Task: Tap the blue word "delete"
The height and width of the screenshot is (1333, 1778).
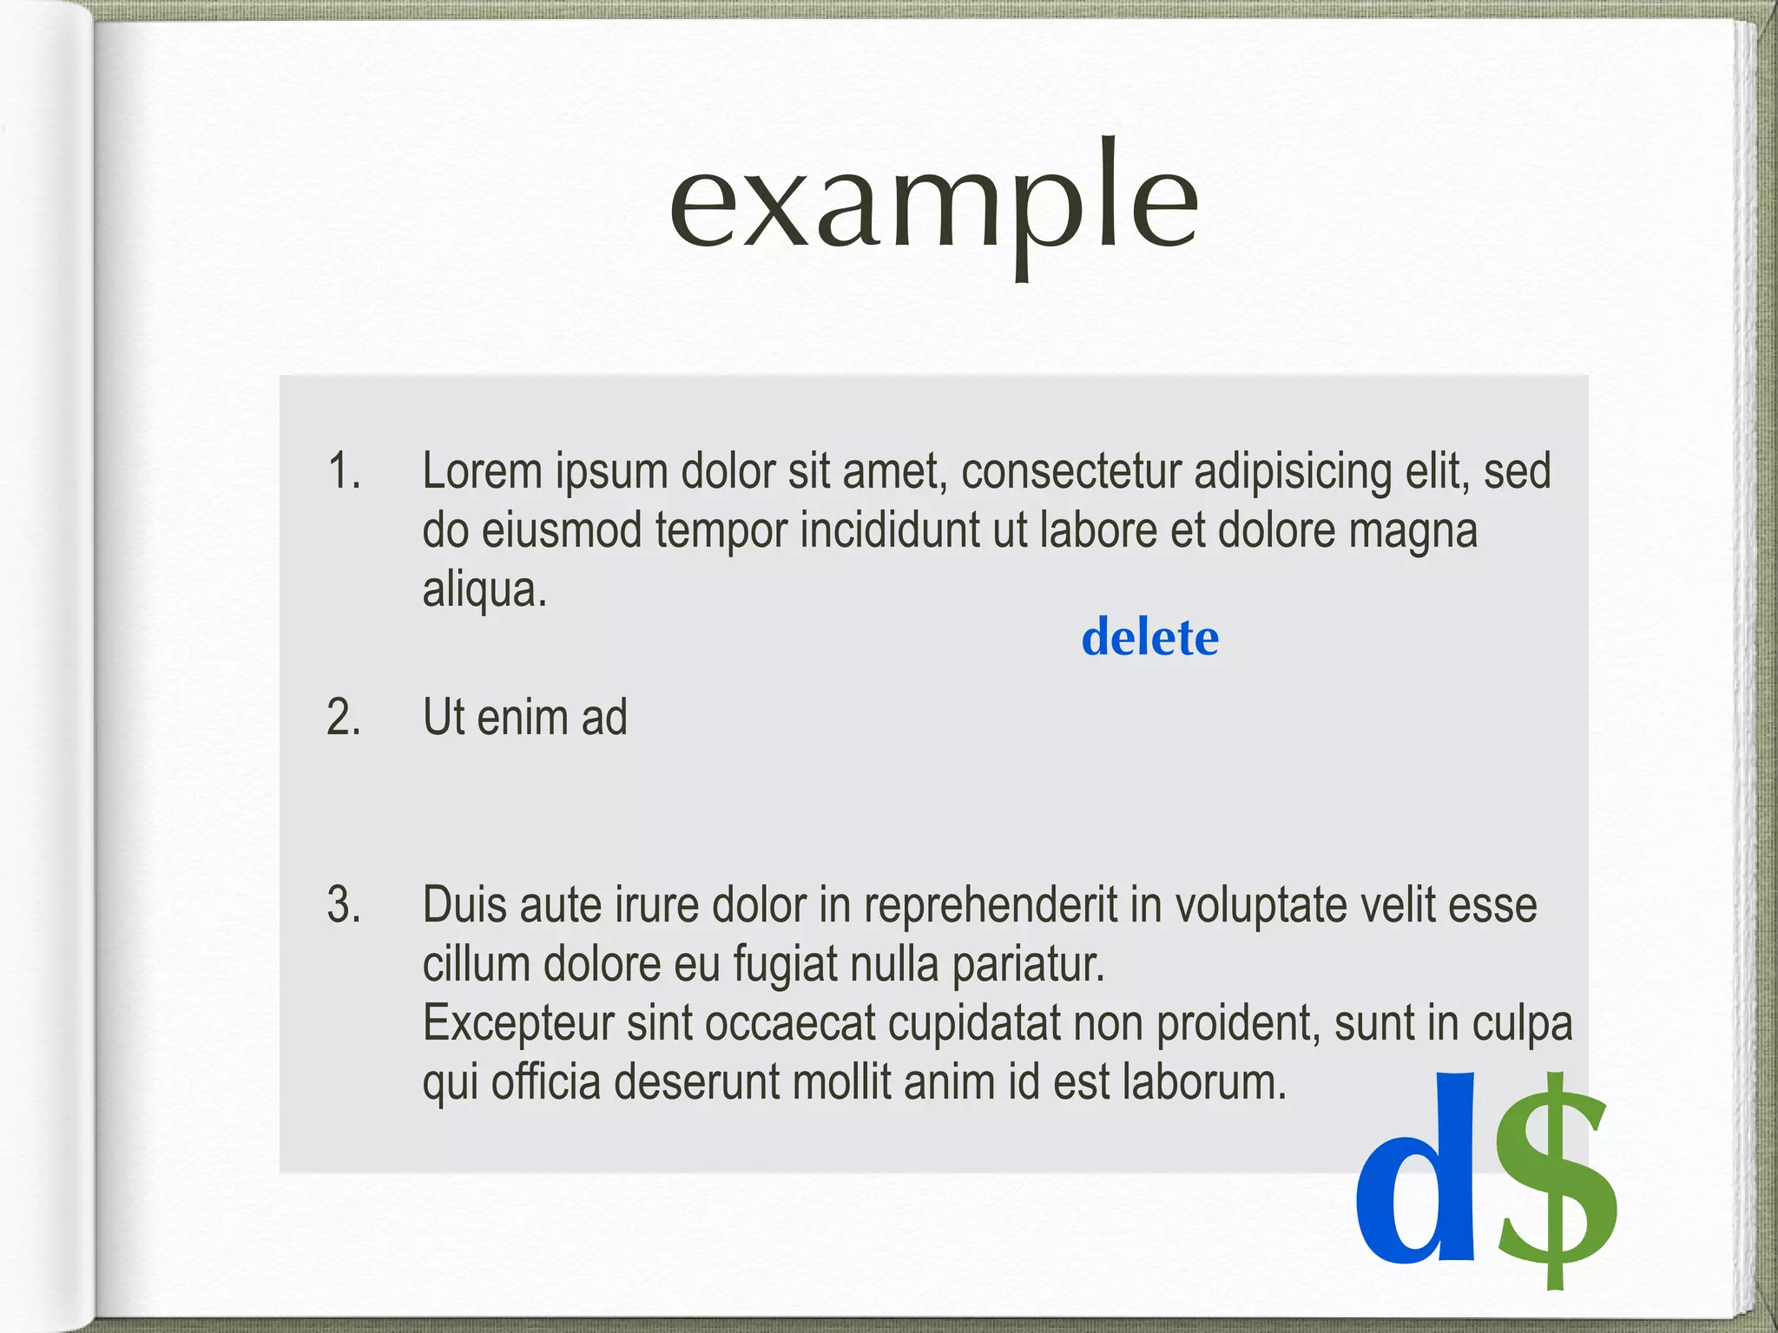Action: click(1149, 638)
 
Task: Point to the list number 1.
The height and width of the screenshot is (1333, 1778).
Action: click(344, 471)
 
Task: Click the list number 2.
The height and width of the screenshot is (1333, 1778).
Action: click(344, 718)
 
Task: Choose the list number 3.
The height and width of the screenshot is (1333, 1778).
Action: click(344, 904)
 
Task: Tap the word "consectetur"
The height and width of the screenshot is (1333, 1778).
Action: click(1071, 471)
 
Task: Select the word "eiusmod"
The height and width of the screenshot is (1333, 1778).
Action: click(562, 530)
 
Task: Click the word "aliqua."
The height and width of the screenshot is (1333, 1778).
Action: click(484, 590)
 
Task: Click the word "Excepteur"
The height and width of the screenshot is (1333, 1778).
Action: click(518, 1024)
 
